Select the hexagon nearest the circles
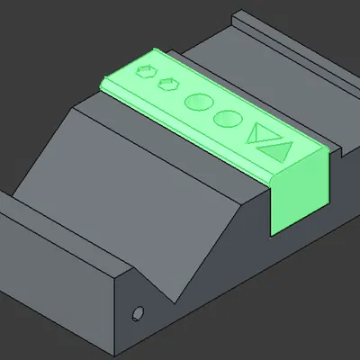coord(166,85)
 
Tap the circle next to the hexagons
coord(198,101)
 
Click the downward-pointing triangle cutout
coord(261,133)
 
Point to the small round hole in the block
coord(138,313)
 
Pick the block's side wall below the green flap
coord(270,261)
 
